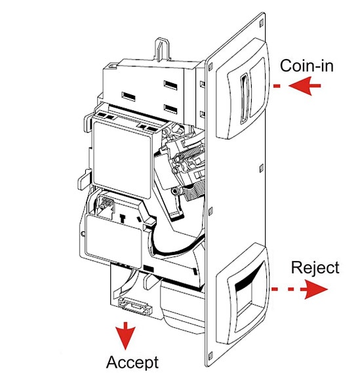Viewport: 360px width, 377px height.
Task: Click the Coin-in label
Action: [x=307, y=66]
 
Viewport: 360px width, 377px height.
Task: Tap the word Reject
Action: [x=315, y=268]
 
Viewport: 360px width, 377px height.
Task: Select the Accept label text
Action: [x=132, y=362]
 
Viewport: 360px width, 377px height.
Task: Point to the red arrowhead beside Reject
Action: [x=315, y=289]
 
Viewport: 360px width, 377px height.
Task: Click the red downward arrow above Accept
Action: [x=125, y=336]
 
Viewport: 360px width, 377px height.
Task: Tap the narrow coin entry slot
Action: [x=245, y=98]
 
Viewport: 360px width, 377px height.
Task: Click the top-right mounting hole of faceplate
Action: [x=262, y=23]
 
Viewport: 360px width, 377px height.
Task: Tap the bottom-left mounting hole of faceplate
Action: [x=211, y=356]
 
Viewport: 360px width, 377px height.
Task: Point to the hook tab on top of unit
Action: [x=161, y=48]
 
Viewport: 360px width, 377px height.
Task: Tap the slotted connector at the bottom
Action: [x=135, y=306]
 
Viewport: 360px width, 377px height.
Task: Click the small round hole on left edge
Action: [x=83, y=233]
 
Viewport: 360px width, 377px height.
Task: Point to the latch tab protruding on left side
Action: [x=83, y=179]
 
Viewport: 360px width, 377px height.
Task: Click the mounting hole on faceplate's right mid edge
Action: [x=262, y=168]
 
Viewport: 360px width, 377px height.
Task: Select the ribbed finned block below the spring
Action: [x=195, y=191]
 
